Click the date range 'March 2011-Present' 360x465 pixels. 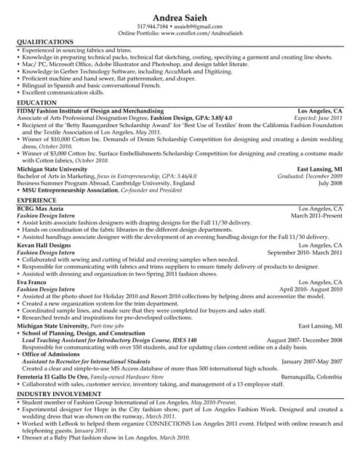pyautogui.click(x=316, y=216)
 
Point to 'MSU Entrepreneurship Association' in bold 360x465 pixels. pyautogui.click(x=70, y=190)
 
